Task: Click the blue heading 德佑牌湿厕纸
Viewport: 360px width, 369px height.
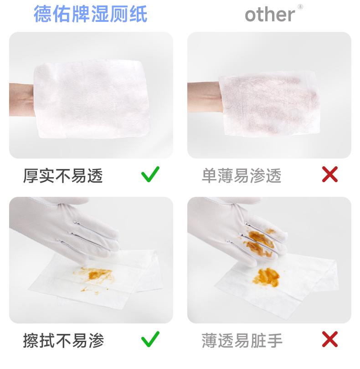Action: point(91,14)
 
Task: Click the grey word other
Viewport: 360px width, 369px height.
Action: point(270,15)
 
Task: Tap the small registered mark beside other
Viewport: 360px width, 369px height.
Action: point(300,6)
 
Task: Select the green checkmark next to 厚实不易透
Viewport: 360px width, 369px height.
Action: point(150,174)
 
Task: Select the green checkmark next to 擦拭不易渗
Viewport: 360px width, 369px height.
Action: point(150,339)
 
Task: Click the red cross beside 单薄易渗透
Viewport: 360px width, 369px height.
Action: point(330,174)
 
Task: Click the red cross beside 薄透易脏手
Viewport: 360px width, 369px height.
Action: point(330,339)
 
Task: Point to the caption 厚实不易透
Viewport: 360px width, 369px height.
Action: point(63,175)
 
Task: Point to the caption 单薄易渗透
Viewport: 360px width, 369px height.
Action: point(242,175)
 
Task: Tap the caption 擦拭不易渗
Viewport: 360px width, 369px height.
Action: point(63,340)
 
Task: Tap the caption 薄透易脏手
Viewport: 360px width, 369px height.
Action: point(242,340)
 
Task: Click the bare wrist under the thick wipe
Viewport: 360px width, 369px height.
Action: point(22,100)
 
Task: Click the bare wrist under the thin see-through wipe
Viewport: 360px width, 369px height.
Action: point(204,97)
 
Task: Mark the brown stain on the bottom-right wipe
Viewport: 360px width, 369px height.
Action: point(266,277)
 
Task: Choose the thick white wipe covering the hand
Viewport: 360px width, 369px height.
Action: point(92,99)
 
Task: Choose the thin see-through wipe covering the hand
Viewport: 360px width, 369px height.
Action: point(269,103)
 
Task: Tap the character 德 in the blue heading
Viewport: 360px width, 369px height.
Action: point(43,14)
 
